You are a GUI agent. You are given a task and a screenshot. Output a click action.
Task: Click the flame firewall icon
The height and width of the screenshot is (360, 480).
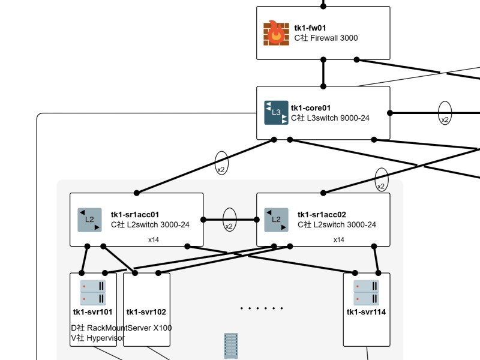[x=276, y=33]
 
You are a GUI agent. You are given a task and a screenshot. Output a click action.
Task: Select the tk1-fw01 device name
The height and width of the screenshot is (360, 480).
[x=310, y=28]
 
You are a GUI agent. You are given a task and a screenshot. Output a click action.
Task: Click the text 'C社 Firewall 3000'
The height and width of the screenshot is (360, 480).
[x=326, y=38]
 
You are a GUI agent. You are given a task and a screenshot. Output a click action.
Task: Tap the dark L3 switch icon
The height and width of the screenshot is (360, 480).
[x=276, y=112]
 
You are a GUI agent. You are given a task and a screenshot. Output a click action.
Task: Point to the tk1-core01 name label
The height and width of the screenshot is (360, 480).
[x=311, y=108]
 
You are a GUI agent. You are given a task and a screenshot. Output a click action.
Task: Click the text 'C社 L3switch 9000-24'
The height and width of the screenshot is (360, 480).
[x=330, y=118]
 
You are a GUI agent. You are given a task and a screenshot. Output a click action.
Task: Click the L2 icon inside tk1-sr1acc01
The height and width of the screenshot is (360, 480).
[x=89, y=220]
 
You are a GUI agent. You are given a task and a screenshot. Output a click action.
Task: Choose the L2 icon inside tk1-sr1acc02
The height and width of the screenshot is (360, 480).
[x=276, y=220]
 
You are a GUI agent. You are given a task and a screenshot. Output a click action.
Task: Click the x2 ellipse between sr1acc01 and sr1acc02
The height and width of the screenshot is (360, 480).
[x=229, y=220]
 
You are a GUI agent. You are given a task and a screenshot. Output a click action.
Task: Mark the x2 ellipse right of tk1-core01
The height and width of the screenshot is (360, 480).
[x=445, y=112]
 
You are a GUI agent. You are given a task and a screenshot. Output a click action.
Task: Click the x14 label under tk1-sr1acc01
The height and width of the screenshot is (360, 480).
[x=154, y=239]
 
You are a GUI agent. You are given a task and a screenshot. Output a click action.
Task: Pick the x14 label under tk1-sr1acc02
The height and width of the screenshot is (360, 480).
[x=339, y=239]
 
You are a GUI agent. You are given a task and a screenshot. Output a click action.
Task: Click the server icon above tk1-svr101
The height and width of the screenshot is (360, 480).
[x=93, y=292]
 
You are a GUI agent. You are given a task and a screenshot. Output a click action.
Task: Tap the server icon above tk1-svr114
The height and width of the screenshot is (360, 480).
[x=366, y=292]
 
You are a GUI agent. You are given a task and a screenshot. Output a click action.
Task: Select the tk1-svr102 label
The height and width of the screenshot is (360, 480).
[x=146, y=312]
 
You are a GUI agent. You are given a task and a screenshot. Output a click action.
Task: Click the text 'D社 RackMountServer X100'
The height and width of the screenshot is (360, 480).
[x=121, y=328]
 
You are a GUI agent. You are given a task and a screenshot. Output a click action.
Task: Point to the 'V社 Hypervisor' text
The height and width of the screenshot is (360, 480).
[x=98, y=338]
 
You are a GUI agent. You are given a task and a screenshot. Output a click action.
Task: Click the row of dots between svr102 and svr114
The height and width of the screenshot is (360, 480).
[x=262, y=308]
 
